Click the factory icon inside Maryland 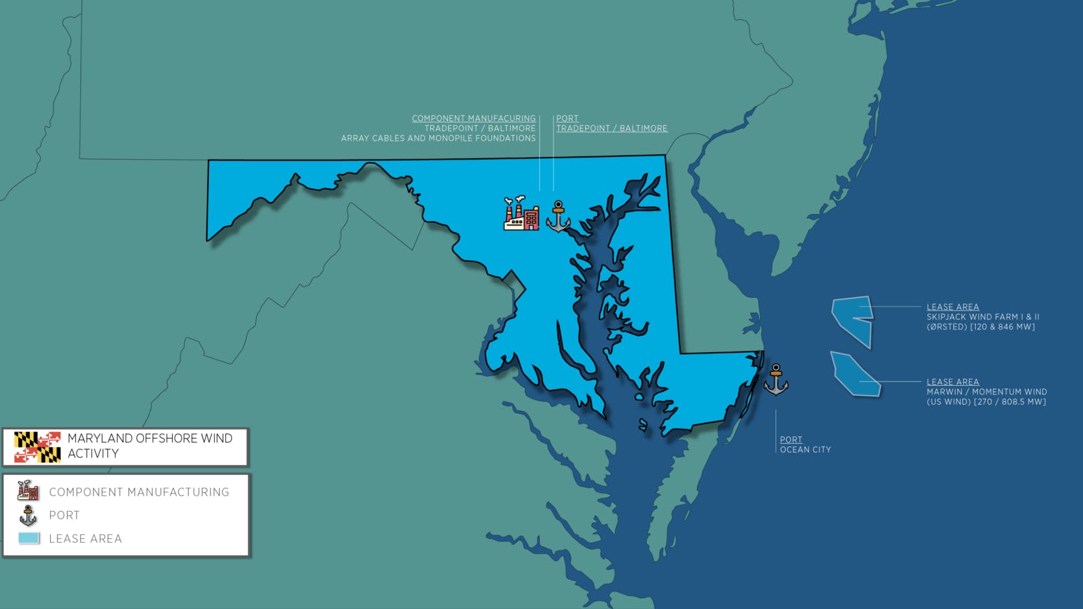522,213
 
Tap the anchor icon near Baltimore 558,217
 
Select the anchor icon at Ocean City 775,380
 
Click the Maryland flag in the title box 38,447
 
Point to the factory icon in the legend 28,491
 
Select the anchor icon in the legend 28,516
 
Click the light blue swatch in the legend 29,538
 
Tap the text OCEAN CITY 805,449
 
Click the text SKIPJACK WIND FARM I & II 982,317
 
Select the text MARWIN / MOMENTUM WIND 986,392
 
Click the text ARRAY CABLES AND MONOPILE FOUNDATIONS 438,138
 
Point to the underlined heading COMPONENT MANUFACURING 474,119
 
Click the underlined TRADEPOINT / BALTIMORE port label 611,128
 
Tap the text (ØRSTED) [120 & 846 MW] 980,327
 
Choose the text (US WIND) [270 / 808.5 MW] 986,401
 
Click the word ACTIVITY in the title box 93,454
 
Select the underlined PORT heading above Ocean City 791,440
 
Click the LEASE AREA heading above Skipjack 953,307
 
